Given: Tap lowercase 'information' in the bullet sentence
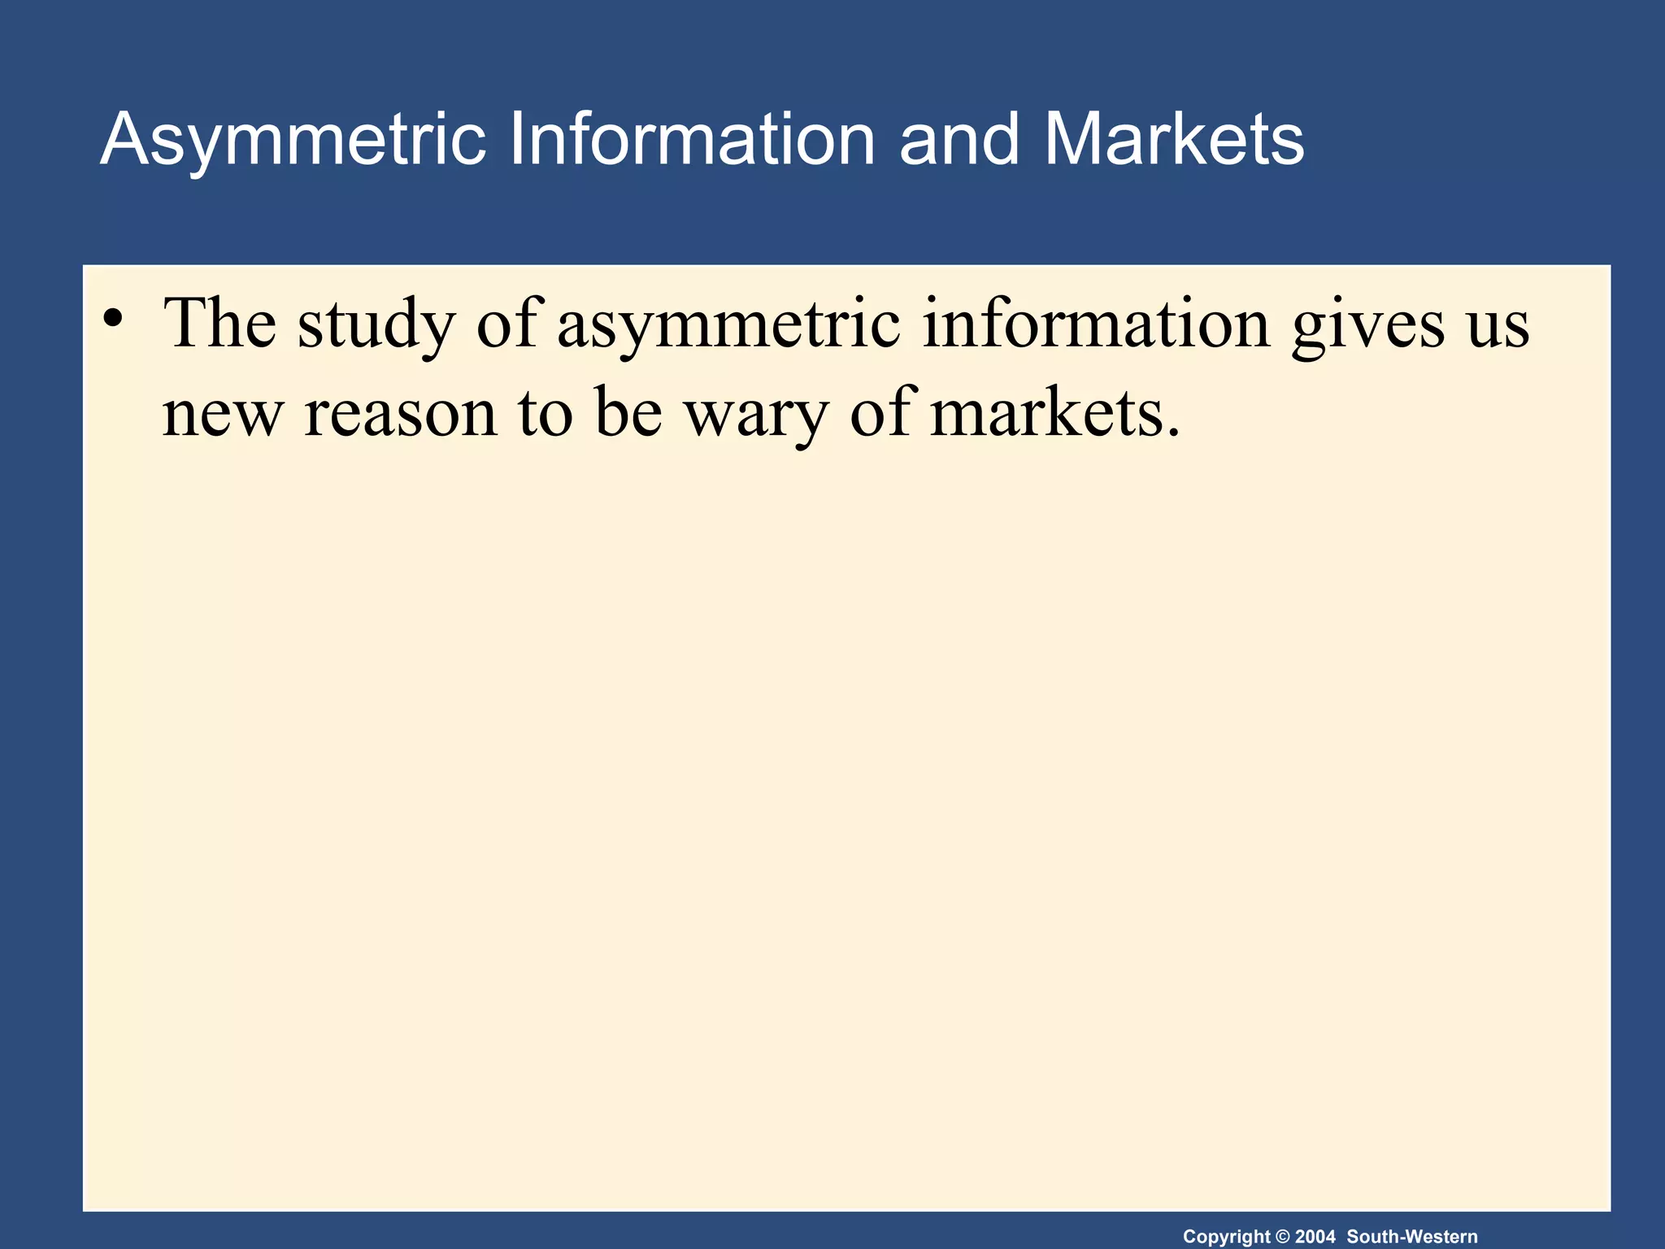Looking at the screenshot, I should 1096,323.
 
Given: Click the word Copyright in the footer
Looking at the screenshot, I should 1226,1237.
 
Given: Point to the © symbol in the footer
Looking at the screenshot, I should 1282,1237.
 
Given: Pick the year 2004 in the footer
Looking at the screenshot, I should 1315,1237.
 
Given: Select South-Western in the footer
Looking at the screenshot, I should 1412,1237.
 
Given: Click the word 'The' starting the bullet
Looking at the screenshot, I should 220,323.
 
